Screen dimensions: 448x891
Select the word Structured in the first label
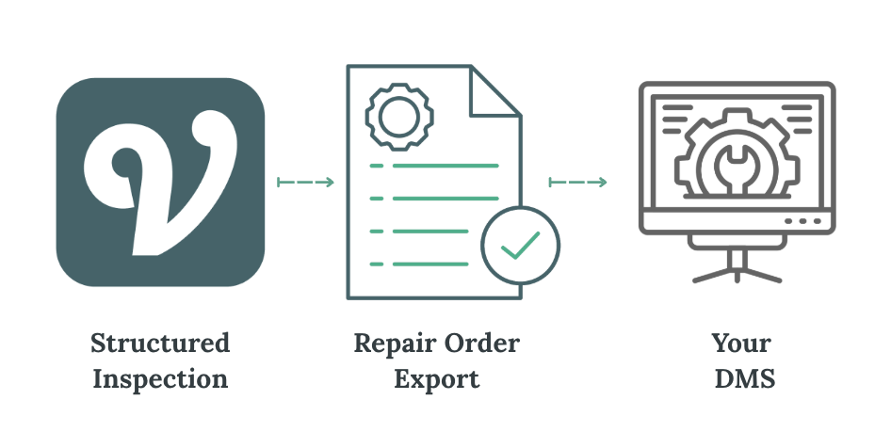click(x=160, y=344)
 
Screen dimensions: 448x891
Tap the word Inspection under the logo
click(x=160, y=379)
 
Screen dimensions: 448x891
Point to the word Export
click(x=437, y=379)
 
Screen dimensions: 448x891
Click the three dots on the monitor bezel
click(x=802, y=222)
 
